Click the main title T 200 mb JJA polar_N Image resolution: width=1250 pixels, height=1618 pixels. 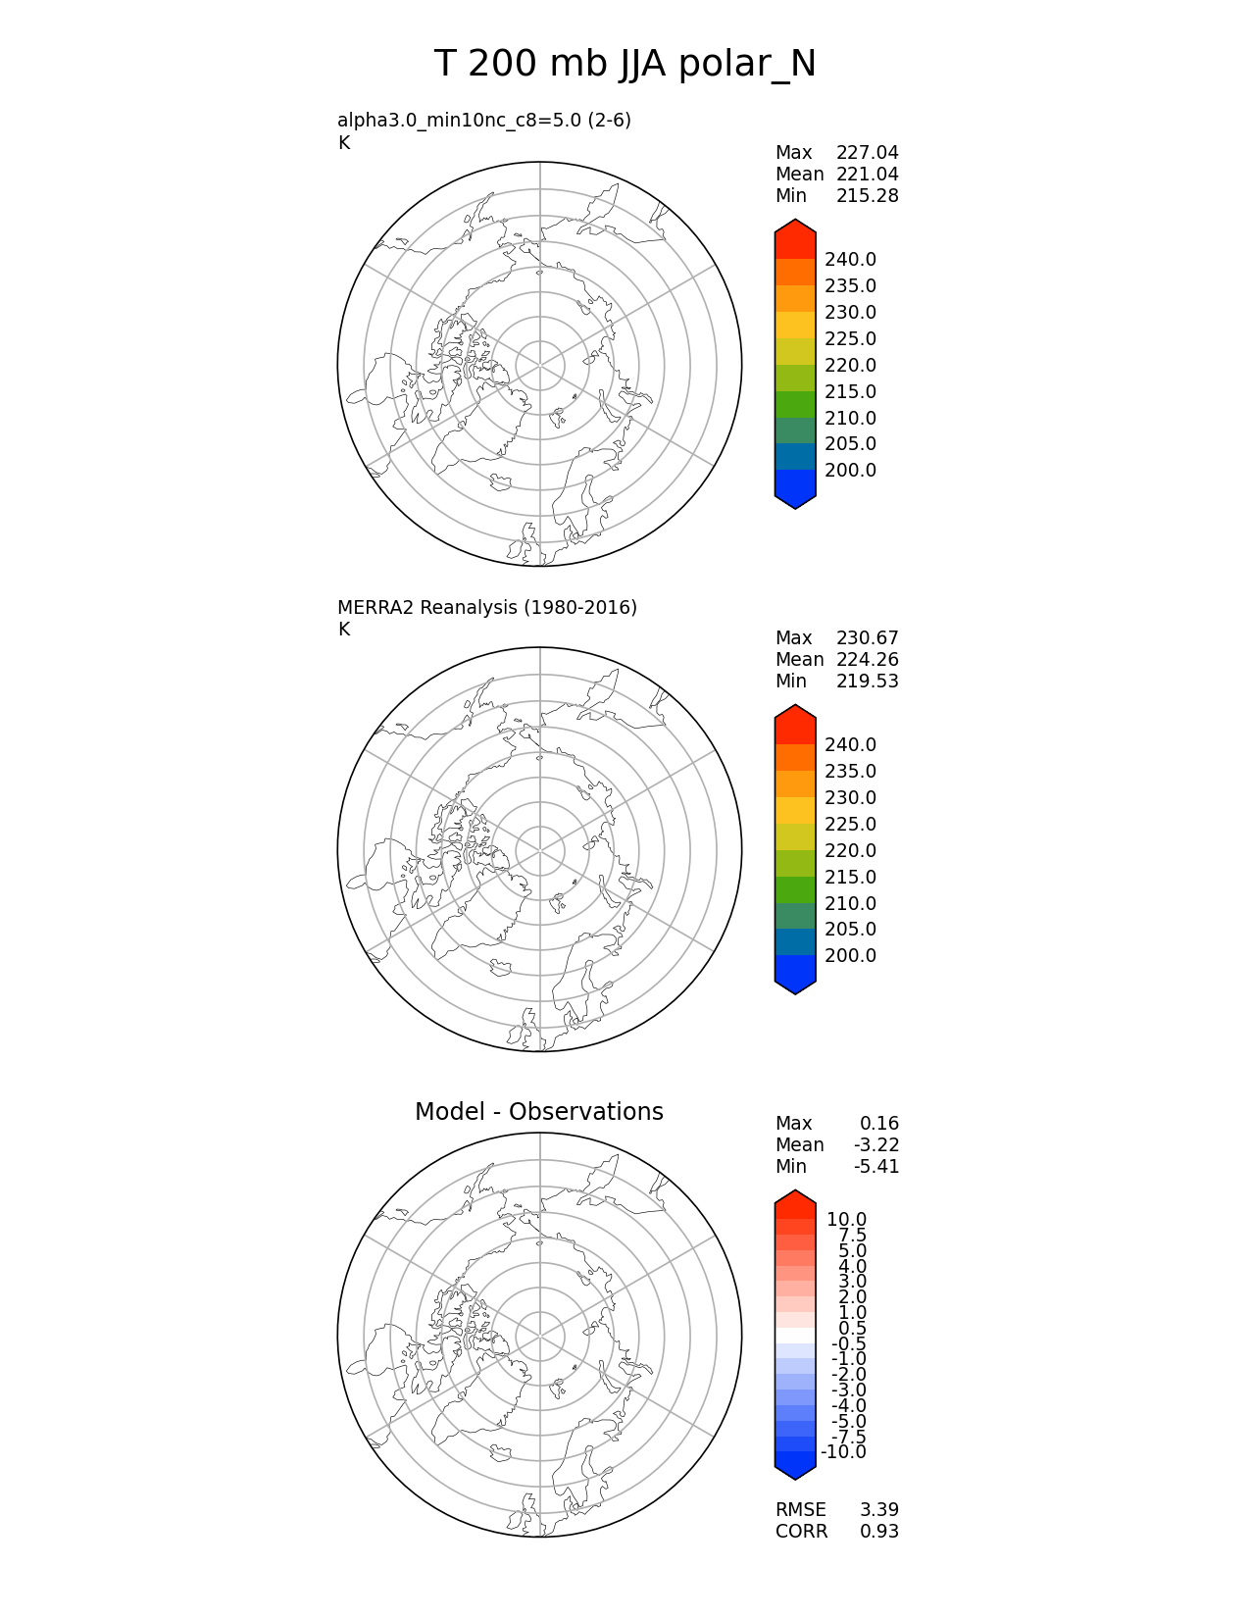625,65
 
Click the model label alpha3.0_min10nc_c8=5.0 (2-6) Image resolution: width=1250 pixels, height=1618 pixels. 484,120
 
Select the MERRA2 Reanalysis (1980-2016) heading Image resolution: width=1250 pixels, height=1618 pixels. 487,607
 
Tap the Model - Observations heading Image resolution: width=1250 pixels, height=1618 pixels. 538,1111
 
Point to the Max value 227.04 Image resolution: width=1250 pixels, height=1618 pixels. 867,153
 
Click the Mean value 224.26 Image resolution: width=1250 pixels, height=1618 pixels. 867,660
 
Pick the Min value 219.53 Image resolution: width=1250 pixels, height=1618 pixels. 867,682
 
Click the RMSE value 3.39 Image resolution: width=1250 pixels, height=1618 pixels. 878,1510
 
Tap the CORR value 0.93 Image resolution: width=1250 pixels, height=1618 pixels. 878,1532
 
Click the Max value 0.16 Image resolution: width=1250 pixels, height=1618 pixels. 878,1124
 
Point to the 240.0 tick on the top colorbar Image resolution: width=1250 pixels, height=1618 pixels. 850,260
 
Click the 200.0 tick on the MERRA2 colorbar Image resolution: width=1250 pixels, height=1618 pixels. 850,956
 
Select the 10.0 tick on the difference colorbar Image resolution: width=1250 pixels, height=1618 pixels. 846,1220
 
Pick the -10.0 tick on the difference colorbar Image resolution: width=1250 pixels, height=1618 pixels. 843,1452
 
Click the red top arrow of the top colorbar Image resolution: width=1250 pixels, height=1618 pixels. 795,235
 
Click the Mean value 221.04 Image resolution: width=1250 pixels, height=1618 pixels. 867,175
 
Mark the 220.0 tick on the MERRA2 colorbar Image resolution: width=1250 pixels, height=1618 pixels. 850,851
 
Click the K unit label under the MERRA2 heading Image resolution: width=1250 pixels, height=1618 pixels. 343,630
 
